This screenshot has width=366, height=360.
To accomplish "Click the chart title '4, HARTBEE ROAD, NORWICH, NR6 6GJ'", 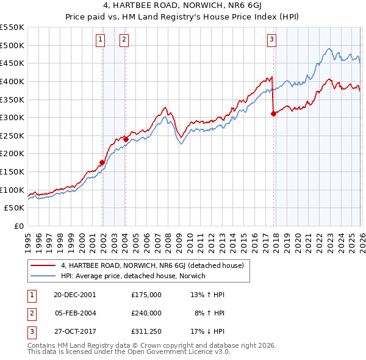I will click(183, 7).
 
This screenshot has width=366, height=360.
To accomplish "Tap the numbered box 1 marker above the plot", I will click(101, 40).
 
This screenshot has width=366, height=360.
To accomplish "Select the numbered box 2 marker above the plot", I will click(124, 40).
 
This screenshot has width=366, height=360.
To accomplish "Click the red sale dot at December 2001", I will click(102, 162).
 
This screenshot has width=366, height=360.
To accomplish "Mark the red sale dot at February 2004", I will click(126, 139).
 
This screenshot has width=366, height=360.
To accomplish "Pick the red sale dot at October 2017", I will click(273, 113).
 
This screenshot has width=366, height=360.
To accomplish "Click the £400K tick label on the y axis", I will click(12, 81).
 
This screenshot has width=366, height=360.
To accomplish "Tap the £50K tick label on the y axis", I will click(15, 208).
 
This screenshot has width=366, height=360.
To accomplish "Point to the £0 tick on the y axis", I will click(18, 226).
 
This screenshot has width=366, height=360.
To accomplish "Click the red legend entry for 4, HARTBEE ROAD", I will click(152, 265).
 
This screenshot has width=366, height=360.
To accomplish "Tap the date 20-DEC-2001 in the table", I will click(74, 294).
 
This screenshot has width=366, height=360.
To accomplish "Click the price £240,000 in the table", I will click(146, 313).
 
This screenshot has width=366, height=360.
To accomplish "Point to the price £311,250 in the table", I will click(146, 332).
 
